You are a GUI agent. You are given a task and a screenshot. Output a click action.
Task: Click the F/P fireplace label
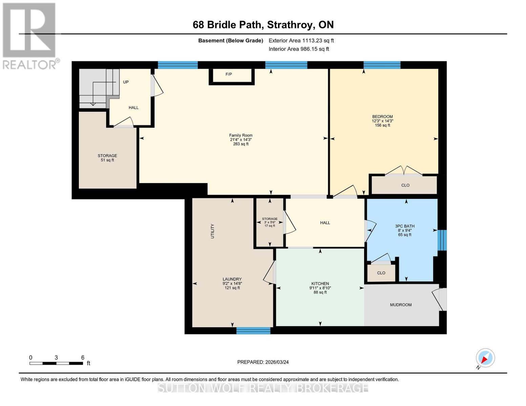pyautogui.click(x=229, y=74)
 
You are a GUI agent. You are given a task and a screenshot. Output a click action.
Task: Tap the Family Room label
pyautogui.click(x=240, y=135)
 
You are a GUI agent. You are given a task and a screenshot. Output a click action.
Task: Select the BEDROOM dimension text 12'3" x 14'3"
pyautogui.click(x=382, y=121)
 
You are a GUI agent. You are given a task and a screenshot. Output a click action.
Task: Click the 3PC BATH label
pyautogui.click(x=405, y=226)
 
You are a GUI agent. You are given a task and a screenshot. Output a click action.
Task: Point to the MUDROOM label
pyautogui.click(x=401, y=305)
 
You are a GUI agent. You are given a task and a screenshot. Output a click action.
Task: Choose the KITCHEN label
pyautogui.click(x=320, y=284)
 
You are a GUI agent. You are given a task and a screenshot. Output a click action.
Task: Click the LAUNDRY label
pyautogui.click(x=232, y=279)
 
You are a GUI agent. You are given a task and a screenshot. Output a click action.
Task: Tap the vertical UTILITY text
pyautogui.click(x=213, y=231)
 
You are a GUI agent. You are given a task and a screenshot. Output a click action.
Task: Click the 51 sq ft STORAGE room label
pyautogui.click(x=107, y=156)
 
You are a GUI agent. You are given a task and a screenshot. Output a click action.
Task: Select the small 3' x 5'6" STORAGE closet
pyautogui.click(x=270, y=222)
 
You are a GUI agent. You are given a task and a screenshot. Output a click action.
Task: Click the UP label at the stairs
pyautogui.click(x=126, y=82)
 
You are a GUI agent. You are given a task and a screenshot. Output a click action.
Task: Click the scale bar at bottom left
pyautogui.click(x=56, y=363)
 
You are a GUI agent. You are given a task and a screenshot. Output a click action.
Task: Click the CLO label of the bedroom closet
pyautogui.click(x=405, y=185)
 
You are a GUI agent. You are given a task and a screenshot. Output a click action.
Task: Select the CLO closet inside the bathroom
pyautogui.click(x=381, y=273)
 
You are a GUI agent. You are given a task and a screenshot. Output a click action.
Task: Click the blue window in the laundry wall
pyautogui.click(x=253, y=331)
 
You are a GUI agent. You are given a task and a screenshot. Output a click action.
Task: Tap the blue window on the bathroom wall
pyautogui.click(x=442, y=240)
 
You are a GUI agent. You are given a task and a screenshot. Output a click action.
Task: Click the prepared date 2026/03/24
pyautogui.click(x=263, y=362)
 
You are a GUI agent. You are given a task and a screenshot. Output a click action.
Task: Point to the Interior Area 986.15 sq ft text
pyautogui.click(x=299, y=49)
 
